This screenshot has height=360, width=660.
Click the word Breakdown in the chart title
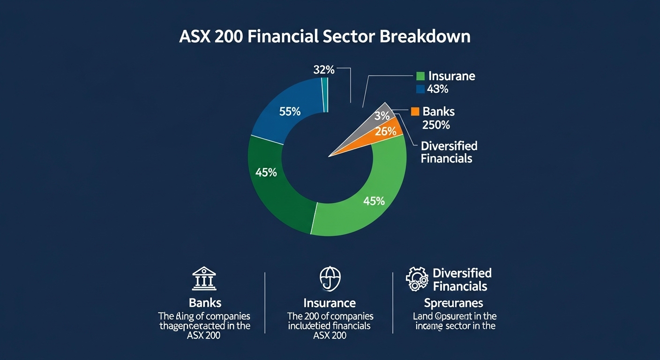coord(425,37)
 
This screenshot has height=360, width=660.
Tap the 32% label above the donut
coord(323,70)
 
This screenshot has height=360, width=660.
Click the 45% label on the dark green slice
coord(266,172)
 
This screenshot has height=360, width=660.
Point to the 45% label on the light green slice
coord(374,201)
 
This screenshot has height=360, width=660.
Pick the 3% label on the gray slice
coord(382,116)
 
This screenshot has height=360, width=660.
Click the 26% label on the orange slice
coord(386,132)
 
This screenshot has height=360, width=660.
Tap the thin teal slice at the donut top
coord(325,95)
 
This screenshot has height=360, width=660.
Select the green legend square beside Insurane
coord(420,76)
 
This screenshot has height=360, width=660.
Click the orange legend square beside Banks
coord(414,112)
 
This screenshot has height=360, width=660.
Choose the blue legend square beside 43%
coord(420,89)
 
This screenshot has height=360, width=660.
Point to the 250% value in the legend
coord(436,125)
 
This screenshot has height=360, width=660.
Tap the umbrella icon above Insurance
coord(330,279)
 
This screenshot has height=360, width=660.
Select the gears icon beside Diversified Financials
coord(417,279)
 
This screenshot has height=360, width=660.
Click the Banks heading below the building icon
coord(205,302)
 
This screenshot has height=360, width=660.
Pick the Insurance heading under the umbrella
coord(329,303)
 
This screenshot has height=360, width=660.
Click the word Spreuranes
coord(453,303)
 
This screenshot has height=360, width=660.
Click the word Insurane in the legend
coord(451,76)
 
